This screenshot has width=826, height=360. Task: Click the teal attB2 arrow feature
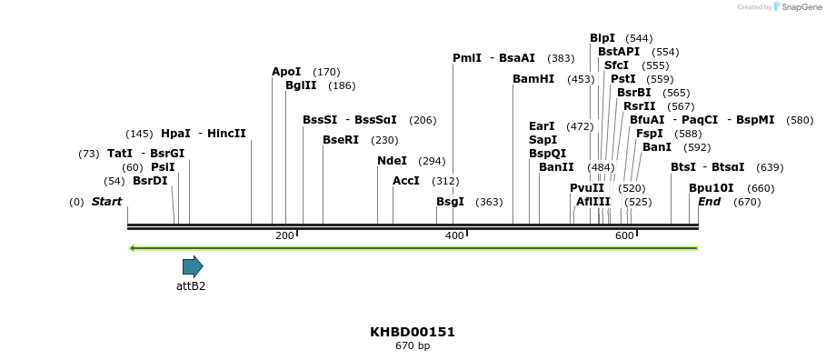point(193,266)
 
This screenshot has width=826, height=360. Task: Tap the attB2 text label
point(191,285)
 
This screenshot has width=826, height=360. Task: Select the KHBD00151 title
point(413,332)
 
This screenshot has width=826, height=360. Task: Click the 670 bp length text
point(413,346)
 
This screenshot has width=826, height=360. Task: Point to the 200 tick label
point(284,236)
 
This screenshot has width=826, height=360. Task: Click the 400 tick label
point(453,236)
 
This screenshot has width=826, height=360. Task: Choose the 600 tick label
point(623,236)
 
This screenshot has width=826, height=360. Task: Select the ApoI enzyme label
point(286,72)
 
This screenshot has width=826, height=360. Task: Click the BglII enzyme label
point(301,85)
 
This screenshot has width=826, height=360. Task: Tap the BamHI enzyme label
point(533,79)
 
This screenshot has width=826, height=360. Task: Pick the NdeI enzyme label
point(393,161)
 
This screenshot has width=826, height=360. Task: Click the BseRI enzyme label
point(342,140)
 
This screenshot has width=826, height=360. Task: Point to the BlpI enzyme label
point(602,38)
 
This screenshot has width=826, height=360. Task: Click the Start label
point(106,202)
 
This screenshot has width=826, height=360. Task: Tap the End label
point(709,202)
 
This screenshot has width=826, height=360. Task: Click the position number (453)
point(581,79)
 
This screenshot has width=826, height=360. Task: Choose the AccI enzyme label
point(405,181)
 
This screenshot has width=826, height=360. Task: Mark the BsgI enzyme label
point(450,202)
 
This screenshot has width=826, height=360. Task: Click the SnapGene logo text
point(797,7)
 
